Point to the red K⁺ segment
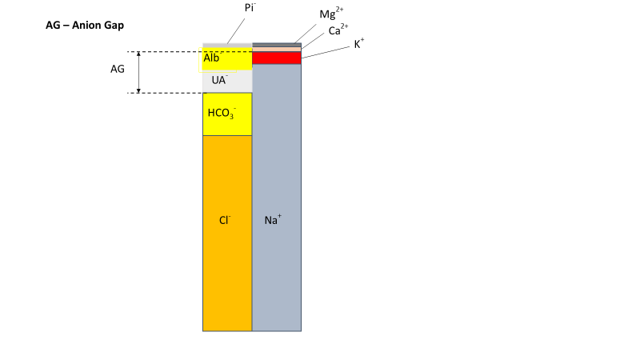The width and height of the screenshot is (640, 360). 277,58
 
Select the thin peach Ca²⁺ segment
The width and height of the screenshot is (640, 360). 277,50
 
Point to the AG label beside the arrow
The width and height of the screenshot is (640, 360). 118,70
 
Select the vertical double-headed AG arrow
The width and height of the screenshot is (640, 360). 139,73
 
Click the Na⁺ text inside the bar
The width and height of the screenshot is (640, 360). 273,218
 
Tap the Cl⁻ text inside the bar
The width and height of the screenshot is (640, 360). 225,218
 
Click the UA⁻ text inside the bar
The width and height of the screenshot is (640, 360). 219,80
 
